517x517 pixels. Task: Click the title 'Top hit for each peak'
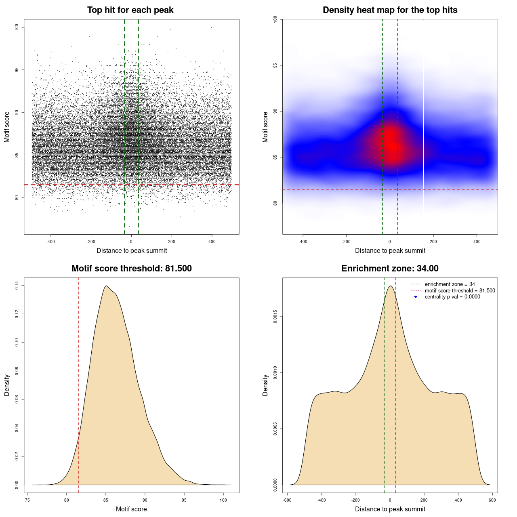pyautogui.click(x=130, y=10)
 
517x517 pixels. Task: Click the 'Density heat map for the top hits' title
pyautogui.click(x=390, y=10)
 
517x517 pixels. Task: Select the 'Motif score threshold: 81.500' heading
pyautogui.click(x=131, y=269)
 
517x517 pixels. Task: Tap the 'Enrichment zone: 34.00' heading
pyautogui.click(x=390, y=269)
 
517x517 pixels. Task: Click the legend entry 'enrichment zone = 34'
pyautogui.click(x=450, y=284)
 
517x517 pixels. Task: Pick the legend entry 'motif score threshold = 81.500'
pyautogui.click(x=460, y=290)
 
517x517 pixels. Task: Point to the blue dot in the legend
pyautogui.click(x=416, y=297)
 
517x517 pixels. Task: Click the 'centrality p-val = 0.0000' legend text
pyautogui.click(x=452, y=297)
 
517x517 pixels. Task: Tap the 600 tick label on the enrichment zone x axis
pyautogui.click(x=492, y=500)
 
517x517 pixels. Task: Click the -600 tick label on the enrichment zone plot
pyautogui.click(x=287, y=500)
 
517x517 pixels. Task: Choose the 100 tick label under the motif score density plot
pyautogui.click(x=223, y=500)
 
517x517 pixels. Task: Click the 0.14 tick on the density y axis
pyautogui.click(x=17, y=286)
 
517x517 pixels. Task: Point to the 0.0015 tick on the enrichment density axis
pyautogui.click(x=275, y=317)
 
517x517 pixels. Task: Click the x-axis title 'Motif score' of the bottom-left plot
pyautogui.click(x=131, y=509)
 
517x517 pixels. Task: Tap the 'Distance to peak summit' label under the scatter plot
pyautogui.click(x=132, y=250)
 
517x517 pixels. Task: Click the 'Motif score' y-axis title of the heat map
pyautogui.click(x=265, y=127)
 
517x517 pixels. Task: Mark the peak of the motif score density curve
pyautogui.click(x=106, y=286)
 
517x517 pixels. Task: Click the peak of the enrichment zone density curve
pyautogui.click(x=390, y=286)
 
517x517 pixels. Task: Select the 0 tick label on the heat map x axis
pyautogui.click(x=390, y=242)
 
